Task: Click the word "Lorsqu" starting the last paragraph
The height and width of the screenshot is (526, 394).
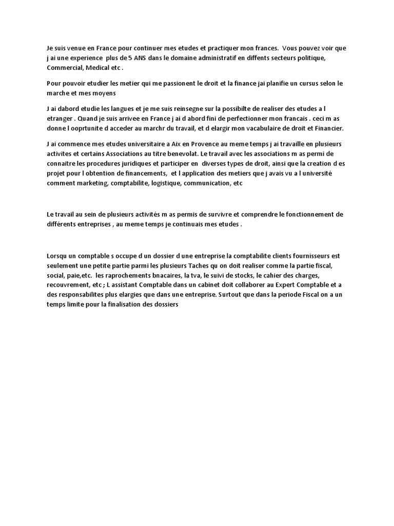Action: tap(57, 255)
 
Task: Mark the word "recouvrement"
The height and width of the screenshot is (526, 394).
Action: tap(65, 285)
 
